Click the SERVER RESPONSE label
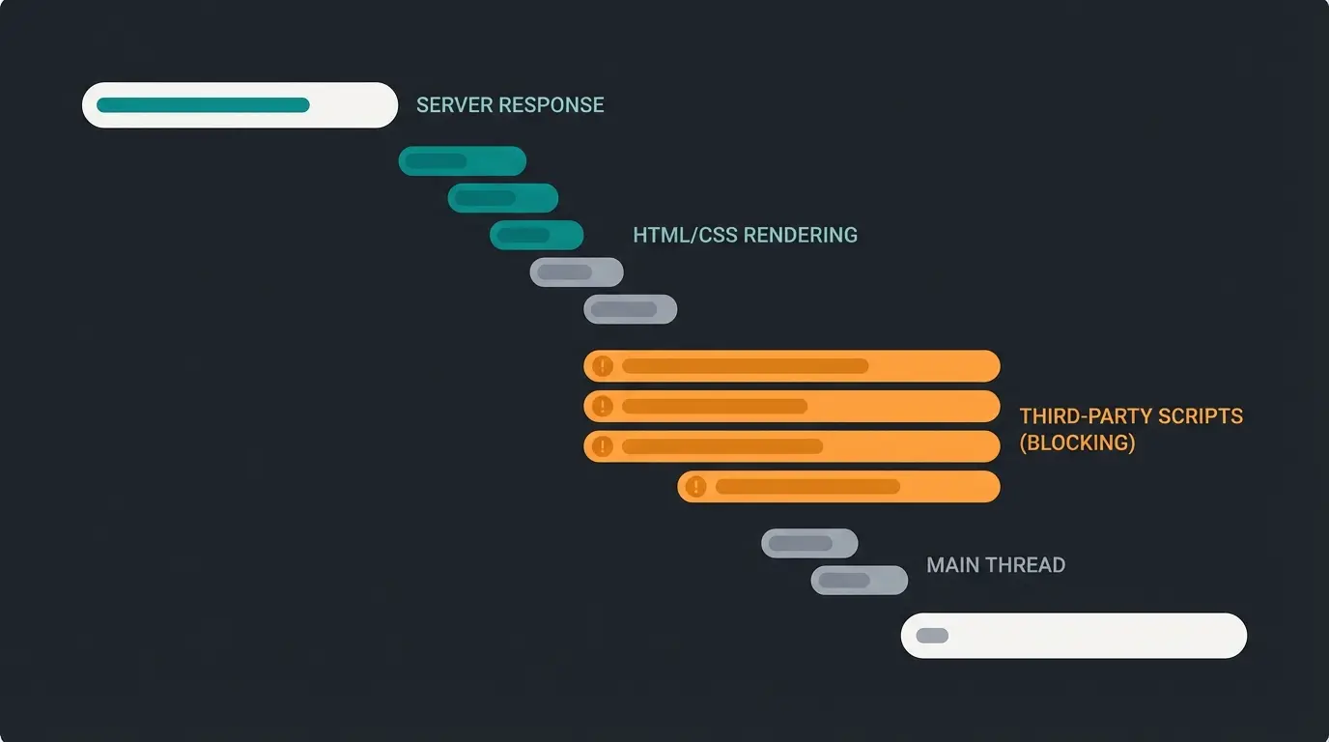tap(510, 105)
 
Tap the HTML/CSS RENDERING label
tap(745, 235)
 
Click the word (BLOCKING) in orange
tap(1078, 443)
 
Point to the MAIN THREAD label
tap(996, 565)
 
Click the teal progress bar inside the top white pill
tap(203, 105)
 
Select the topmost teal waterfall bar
tap(462, 161)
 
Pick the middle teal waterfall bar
tap(502, 198)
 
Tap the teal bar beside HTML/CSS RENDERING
tap(536, 235)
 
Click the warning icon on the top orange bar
tap(603, 366)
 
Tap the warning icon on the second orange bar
tap(603, 406)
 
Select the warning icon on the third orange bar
tap(603, 446)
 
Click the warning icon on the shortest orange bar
tap(695, 487)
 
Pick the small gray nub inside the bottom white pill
tap(932, 636)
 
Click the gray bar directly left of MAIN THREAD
tap(859, 581)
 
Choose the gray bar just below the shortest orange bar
tap(808, 543)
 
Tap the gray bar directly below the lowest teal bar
tap(576, 272)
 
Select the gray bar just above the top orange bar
tap(630, 310)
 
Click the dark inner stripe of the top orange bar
tap(745, 366)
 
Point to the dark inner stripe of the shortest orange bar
tap(807, 487)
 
